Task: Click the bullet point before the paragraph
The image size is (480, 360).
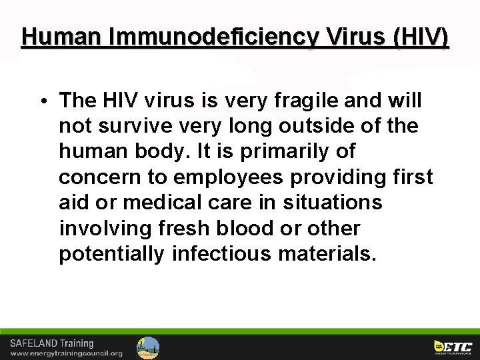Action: point(42,101)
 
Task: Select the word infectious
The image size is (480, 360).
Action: point(226,253)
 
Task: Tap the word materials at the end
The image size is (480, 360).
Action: point(331,253)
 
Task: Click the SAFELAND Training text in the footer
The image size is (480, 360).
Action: point(51,343)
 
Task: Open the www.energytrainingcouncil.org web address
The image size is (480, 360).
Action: point(67,353)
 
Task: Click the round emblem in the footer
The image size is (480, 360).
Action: point(148,347)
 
